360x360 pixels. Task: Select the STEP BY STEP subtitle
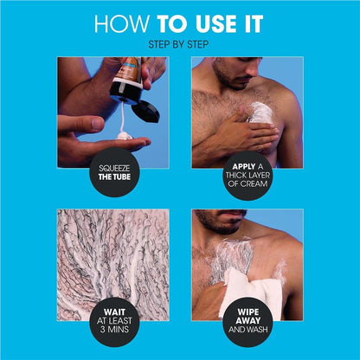180,42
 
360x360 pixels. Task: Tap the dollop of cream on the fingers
124,136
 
